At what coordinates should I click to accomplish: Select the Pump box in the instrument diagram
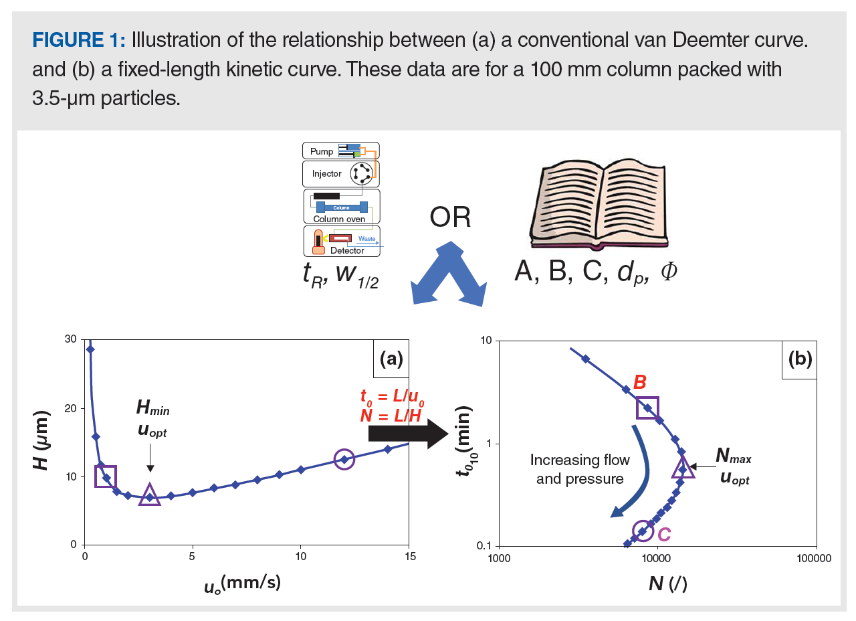(340, 151)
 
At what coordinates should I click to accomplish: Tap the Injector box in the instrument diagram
(340, 174)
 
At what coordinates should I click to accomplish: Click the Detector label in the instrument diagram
(347, 251)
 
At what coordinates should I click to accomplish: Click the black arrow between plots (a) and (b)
(408, 435)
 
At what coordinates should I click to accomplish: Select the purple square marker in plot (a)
(106, 476)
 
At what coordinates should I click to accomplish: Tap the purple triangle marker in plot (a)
(149, 495)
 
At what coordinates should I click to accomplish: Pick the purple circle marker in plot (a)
(344, 459)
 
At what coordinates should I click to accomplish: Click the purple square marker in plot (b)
(647, 408)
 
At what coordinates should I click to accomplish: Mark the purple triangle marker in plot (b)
(683, 467)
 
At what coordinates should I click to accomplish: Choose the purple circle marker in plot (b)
(643, 531)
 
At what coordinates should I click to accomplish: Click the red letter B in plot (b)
(639, 382)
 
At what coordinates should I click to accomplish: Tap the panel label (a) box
(391, 359)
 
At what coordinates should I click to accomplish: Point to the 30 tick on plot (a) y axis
(70, 341)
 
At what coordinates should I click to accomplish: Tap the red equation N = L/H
(392, 416)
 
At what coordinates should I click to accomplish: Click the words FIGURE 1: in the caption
(78, 40)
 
